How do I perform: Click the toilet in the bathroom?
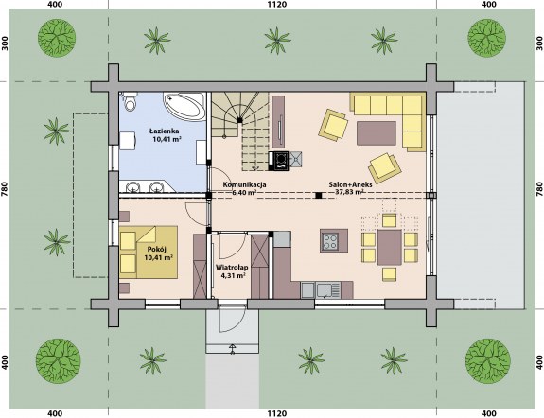click(x=131, y=101)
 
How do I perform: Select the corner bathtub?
click(x=184, y=106)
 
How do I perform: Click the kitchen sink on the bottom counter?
click(x=324, y=290)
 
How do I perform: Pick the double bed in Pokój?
click(x=149, y=252)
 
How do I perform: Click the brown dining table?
click(x=390, y=248)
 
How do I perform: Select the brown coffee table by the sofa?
click(x=377, y=132)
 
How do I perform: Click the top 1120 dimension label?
click(x=277, y=5)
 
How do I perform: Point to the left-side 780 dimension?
click(x=5, y=189)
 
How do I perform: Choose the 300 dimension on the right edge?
click(x=539, y=44)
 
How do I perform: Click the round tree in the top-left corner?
click(x=57, y=38)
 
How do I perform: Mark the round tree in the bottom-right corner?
click(x=487, y=360)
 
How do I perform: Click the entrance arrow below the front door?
click(x=233, y=349)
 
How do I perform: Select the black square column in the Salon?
click(x=318, y=196)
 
